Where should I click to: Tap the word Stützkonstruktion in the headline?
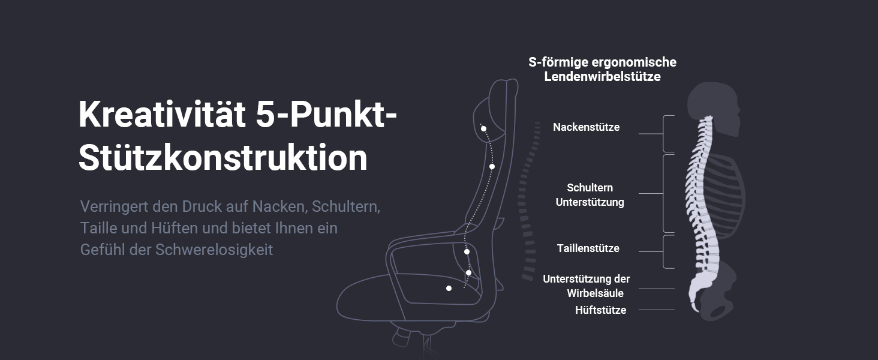[223, 158]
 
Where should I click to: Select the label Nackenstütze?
[586, 127]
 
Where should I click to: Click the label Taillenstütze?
[588, 248]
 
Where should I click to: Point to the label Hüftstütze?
[600, 310]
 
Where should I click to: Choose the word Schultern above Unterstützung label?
[590, 188]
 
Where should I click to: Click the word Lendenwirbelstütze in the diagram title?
[602, 77]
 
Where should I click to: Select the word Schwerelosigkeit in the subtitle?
[214, 250]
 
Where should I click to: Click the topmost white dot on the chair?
[483, 128]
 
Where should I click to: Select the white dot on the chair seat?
[449, 289]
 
